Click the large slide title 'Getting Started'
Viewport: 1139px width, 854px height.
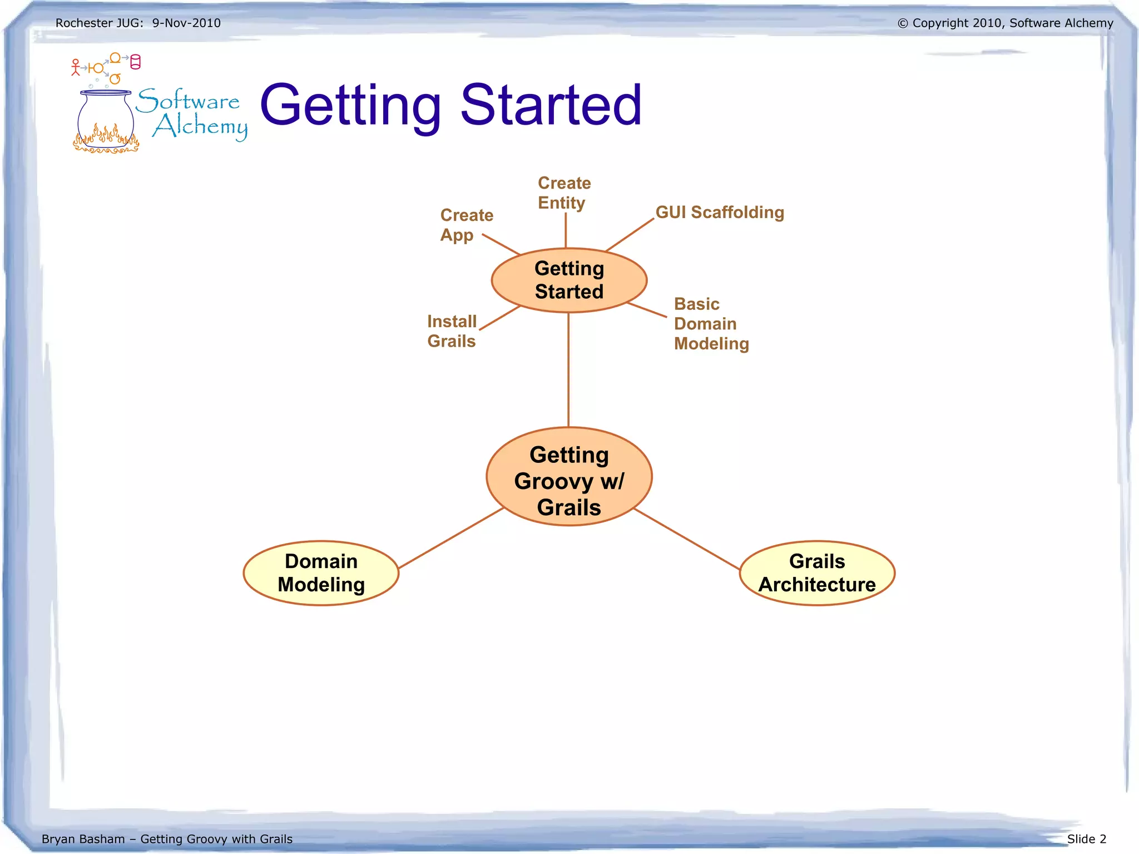coord(450,106)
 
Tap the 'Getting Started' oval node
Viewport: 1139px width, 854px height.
coord(569,280)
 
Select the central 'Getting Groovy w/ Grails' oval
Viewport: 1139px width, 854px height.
coord(569,477)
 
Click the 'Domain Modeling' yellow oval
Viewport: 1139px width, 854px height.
coord(321,573)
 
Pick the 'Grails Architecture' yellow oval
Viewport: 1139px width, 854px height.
coord(817,573)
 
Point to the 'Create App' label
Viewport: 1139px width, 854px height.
coord(465,225)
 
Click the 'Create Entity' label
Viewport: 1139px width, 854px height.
coord(563,192)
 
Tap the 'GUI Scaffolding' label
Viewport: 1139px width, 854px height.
coord(720,212)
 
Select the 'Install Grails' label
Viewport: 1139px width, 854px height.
coord(452,331)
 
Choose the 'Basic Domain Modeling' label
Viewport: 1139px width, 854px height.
coord(711,324)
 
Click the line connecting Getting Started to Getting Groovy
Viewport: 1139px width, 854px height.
coord(568,370)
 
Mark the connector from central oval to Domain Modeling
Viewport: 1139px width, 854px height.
coord(450,538)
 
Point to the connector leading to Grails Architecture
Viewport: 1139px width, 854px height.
coord(687,539)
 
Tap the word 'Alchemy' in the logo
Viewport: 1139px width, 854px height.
coord(201,127)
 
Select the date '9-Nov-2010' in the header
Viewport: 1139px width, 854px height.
coord(186,23)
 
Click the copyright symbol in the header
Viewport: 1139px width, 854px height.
coord(903,23)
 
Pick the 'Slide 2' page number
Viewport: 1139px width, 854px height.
coord(1087,839)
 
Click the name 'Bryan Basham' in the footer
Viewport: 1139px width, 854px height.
coord(83,839)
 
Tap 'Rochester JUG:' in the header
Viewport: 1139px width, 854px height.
coord(99,23)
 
